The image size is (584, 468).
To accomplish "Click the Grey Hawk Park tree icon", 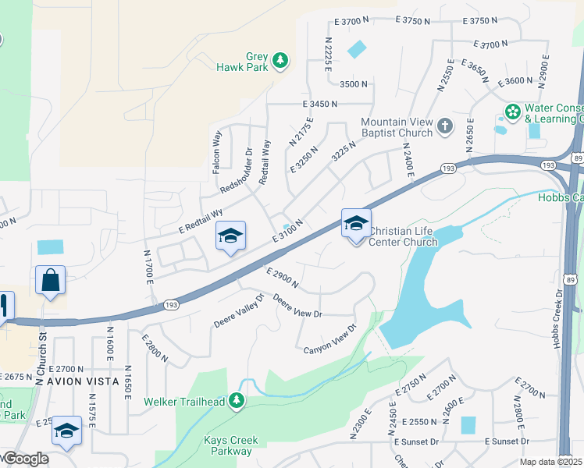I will click(x=280, y=60).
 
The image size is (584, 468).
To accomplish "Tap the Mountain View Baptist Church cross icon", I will click(x=445, y=126).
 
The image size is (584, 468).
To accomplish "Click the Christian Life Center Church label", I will click(x=403, y=236).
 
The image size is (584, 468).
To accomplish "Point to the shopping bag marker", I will click(x=50, y=281).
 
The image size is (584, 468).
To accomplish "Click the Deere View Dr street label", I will click(x=297, y=308).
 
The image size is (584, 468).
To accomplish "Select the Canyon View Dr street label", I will click(x=330, y=339).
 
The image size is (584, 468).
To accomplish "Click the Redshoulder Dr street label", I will click(x=236, y=172).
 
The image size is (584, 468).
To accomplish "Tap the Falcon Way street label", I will click(x=216, y=152).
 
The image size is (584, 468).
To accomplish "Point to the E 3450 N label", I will click(x=320, y=104).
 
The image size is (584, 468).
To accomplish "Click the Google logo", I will click(x=25, y=459).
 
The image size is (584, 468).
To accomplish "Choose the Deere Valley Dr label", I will click(x=239, y=313).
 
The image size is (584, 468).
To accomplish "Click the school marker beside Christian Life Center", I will click(x=355, y=225).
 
